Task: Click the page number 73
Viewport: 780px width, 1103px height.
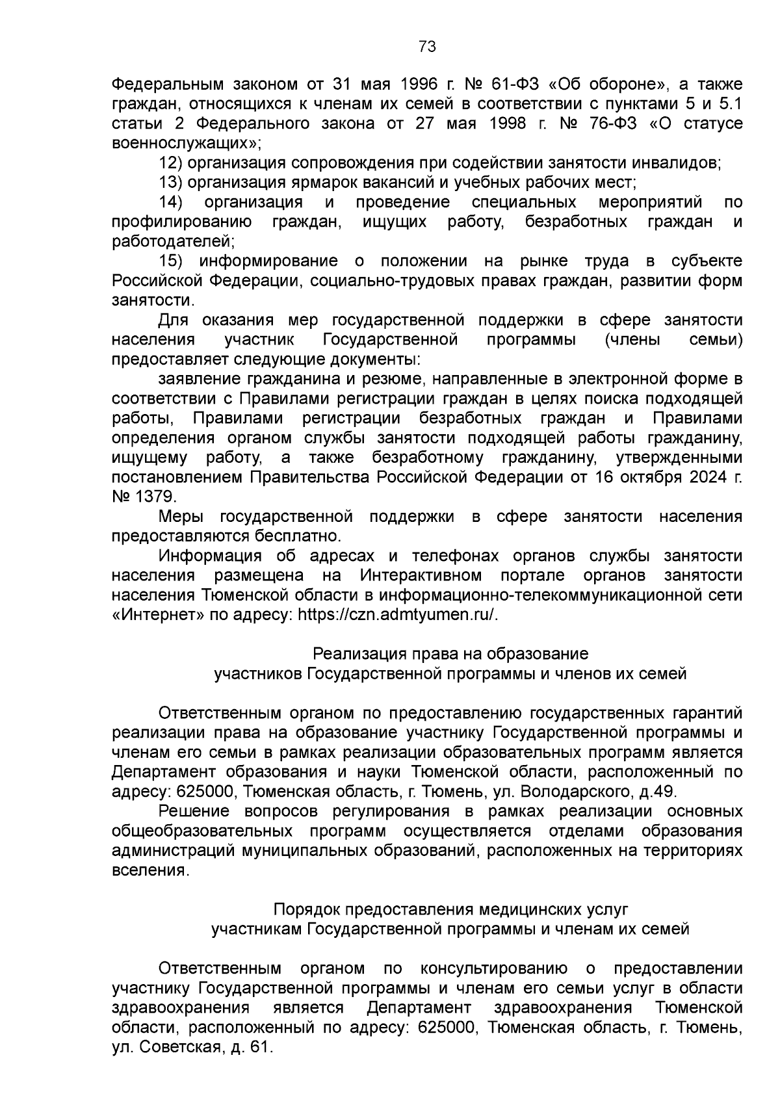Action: tap(427, 47)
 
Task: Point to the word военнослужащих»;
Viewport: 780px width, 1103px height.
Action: tap(186, 143)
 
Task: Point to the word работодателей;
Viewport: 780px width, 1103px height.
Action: tap(173, 242)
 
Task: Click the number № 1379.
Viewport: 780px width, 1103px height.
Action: tap(144, 497)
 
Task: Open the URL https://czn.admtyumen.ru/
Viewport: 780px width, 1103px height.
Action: tap(398, 615)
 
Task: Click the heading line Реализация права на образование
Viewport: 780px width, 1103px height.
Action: tap(450, 653)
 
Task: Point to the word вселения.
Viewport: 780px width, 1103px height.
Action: tap(151, 870)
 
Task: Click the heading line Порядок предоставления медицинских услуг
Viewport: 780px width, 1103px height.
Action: tap(450, 909)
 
